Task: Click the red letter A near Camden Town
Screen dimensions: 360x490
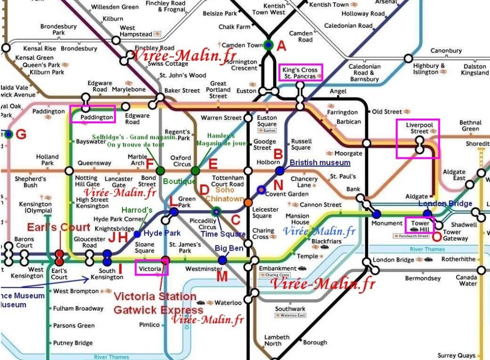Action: (x=282, y=46)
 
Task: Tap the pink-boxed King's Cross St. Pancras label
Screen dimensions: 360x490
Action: (x=300, y=73)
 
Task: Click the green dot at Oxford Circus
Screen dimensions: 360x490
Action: (x=195, y=170)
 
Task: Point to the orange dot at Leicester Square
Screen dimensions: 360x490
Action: (x=248, y=203)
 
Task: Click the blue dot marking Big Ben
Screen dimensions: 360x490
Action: (x=223, y=260)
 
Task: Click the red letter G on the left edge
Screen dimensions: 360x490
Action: (x=21, y=134)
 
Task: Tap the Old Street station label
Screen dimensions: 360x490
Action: (x=387, y=112)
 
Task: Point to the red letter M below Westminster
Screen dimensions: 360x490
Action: (x=222, y=276)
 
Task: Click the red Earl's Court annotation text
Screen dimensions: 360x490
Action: (x=58, y=227)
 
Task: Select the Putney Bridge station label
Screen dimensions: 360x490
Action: (x=73, y=343)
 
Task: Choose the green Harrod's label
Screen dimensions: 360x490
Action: (x=137, y=210)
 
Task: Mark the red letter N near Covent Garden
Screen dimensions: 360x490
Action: (x=278, y=185)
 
